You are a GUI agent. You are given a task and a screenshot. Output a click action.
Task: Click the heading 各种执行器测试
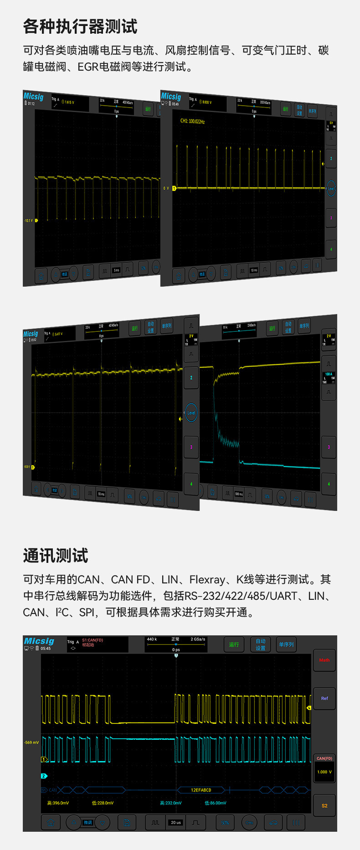(x=80, y=26)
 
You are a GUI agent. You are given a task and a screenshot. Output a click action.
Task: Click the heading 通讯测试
(x=56, y=556)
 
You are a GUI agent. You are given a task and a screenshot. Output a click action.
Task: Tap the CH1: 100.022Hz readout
(x=192, y=122)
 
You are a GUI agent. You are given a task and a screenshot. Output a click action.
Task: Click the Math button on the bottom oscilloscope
(x=324, y=660)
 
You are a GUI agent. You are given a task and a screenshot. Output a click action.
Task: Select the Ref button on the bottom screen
(x=324, y=698)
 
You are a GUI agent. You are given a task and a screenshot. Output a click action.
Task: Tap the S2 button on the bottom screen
(x=324, y=805)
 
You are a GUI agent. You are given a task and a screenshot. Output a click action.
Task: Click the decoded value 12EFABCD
(x=201, y=790)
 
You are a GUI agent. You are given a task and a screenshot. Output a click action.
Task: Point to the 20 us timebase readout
(x=176, y=822)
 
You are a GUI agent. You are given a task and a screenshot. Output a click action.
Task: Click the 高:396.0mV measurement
(x=58, y=803)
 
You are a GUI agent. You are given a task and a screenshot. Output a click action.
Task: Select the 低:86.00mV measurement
(x=215, y=803)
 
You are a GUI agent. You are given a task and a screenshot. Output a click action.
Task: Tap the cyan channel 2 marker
(x=44, y=776)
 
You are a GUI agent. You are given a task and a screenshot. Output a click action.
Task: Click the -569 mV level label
(x=31, y=742)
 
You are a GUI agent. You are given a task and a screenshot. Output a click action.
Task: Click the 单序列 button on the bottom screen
(x=286, y=644)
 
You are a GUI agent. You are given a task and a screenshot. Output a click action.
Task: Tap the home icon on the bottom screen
(x=51, y=822)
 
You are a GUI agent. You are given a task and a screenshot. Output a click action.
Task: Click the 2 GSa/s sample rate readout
(x=198, y=639)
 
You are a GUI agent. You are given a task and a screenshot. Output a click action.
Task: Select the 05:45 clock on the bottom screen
(x=46, y=649)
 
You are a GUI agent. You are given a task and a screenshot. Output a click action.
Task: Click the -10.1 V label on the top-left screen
(x=29, y=221)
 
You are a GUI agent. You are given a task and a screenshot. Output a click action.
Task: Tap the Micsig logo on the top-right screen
(x=171, y=96)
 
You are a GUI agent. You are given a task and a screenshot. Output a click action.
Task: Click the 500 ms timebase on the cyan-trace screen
(x=239, y=494)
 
